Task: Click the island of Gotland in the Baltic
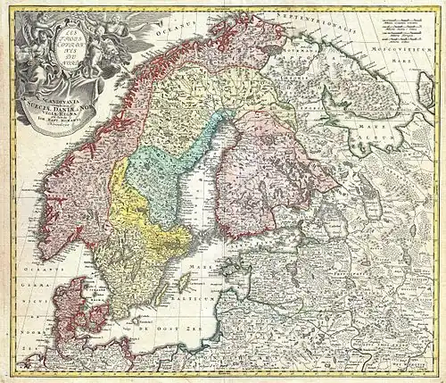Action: click(x=186, y=283)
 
